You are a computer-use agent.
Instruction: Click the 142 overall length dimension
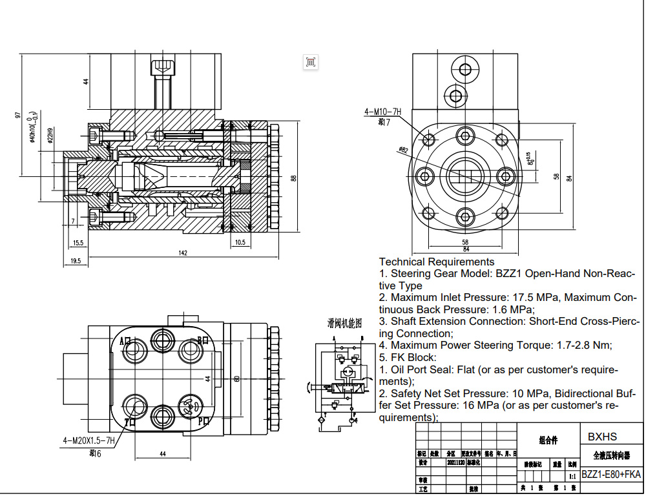coord(183,253)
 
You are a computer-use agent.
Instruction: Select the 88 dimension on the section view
coord(293,178)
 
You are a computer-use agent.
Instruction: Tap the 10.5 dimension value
coord(240,242)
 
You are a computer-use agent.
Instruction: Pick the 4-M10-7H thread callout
coord(382,112)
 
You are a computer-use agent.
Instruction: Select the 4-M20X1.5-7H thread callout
coord(89,441)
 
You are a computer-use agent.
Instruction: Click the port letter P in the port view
coord(202,421)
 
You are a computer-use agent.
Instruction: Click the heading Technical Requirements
coord(437,262)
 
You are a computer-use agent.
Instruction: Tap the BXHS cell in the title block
coord(602,437)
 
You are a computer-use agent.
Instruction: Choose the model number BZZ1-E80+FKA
coord(611,474)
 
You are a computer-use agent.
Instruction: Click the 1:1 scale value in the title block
coord(572,476)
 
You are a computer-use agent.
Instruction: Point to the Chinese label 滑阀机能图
coord(344,322)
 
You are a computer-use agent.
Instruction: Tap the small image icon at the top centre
coord(311,61)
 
